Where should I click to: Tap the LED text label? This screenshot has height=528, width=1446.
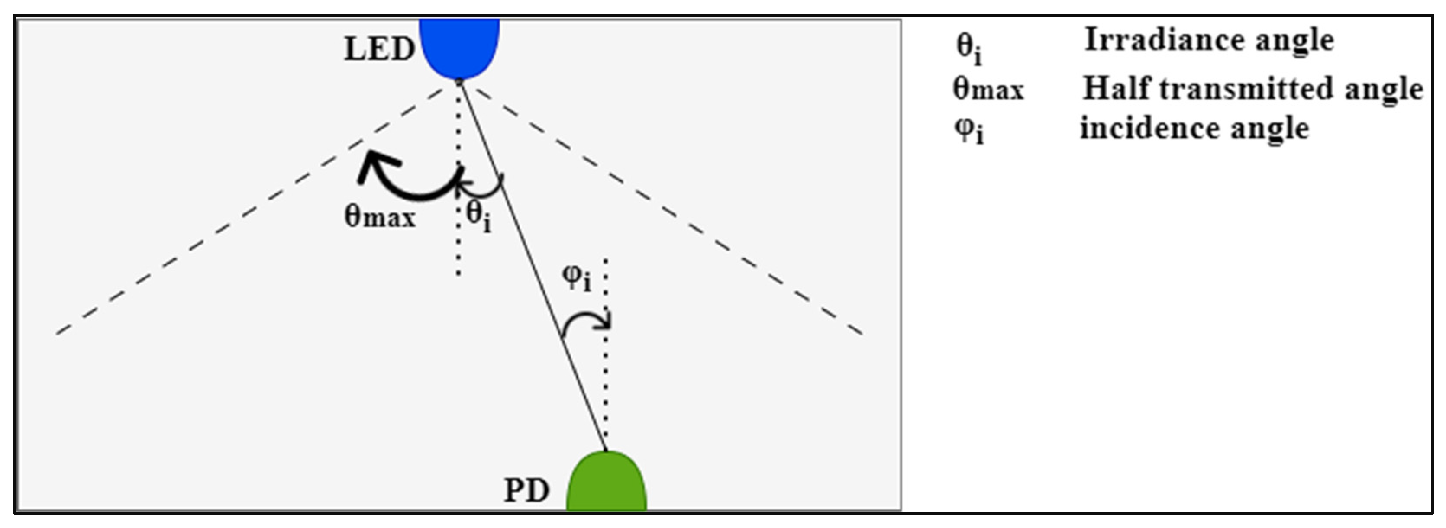point(379,49)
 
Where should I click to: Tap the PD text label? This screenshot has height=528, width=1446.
point(526,490)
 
